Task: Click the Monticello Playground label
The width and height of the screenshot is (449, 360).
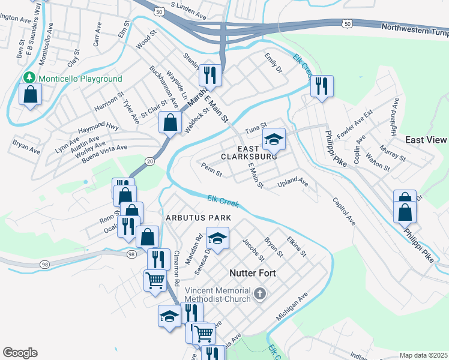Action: click(x=80, y=79)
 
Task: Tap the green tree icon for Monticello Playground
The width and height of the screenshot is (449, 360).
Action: click(x=29, y=78)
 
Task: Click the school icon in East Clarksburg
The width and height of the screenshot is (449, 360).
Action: click(x=274, y=140)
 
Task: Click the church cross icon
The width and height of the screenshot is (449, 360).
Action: click(x=259, y=293)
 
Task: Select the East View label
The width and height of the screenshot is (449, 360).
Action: click(x=426, y=140)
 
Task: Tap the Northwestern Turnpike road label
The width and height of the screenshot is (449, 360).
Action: click(x=415, y=28)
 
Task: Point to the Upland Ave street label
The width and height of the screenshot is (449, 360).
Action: click(x=292, y=182)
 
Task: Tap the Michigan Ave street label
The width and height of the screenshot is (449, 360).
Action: click(x=292, y=306)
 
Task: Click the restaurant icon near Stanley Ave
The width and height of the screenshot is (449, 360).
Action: click(x=209, y=75)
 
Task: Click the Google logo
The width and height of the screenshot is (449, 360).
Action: click(x=20, y=353)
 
